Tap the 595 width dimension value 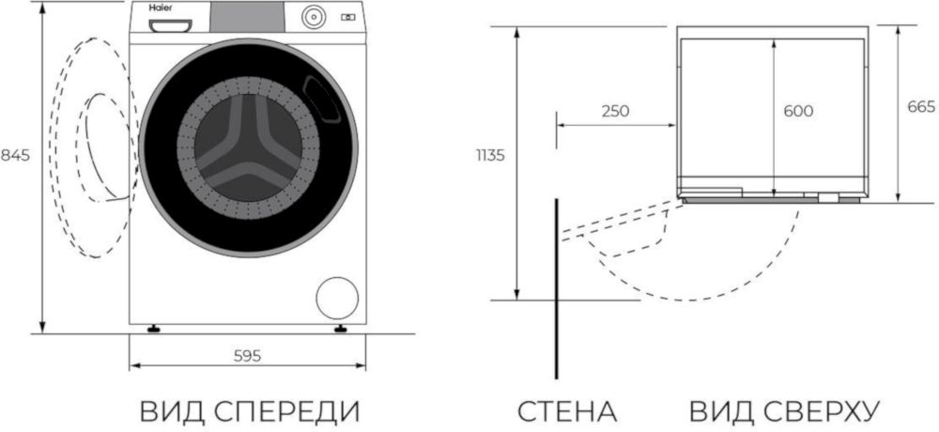point(246,355)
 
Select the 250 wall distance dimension point(614,111)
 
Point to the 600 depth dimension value point(797,111)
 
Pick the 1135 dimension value point(490,155)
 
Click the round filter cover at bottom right point(337,297)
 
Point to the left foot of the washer point(152,329)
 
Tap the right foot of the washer point(341,329)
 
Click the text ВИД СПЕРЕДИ point(250,411)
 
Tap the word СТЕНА point(565,411)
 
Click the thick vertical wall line point(558,282)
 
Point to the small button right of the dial point(348,17)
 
